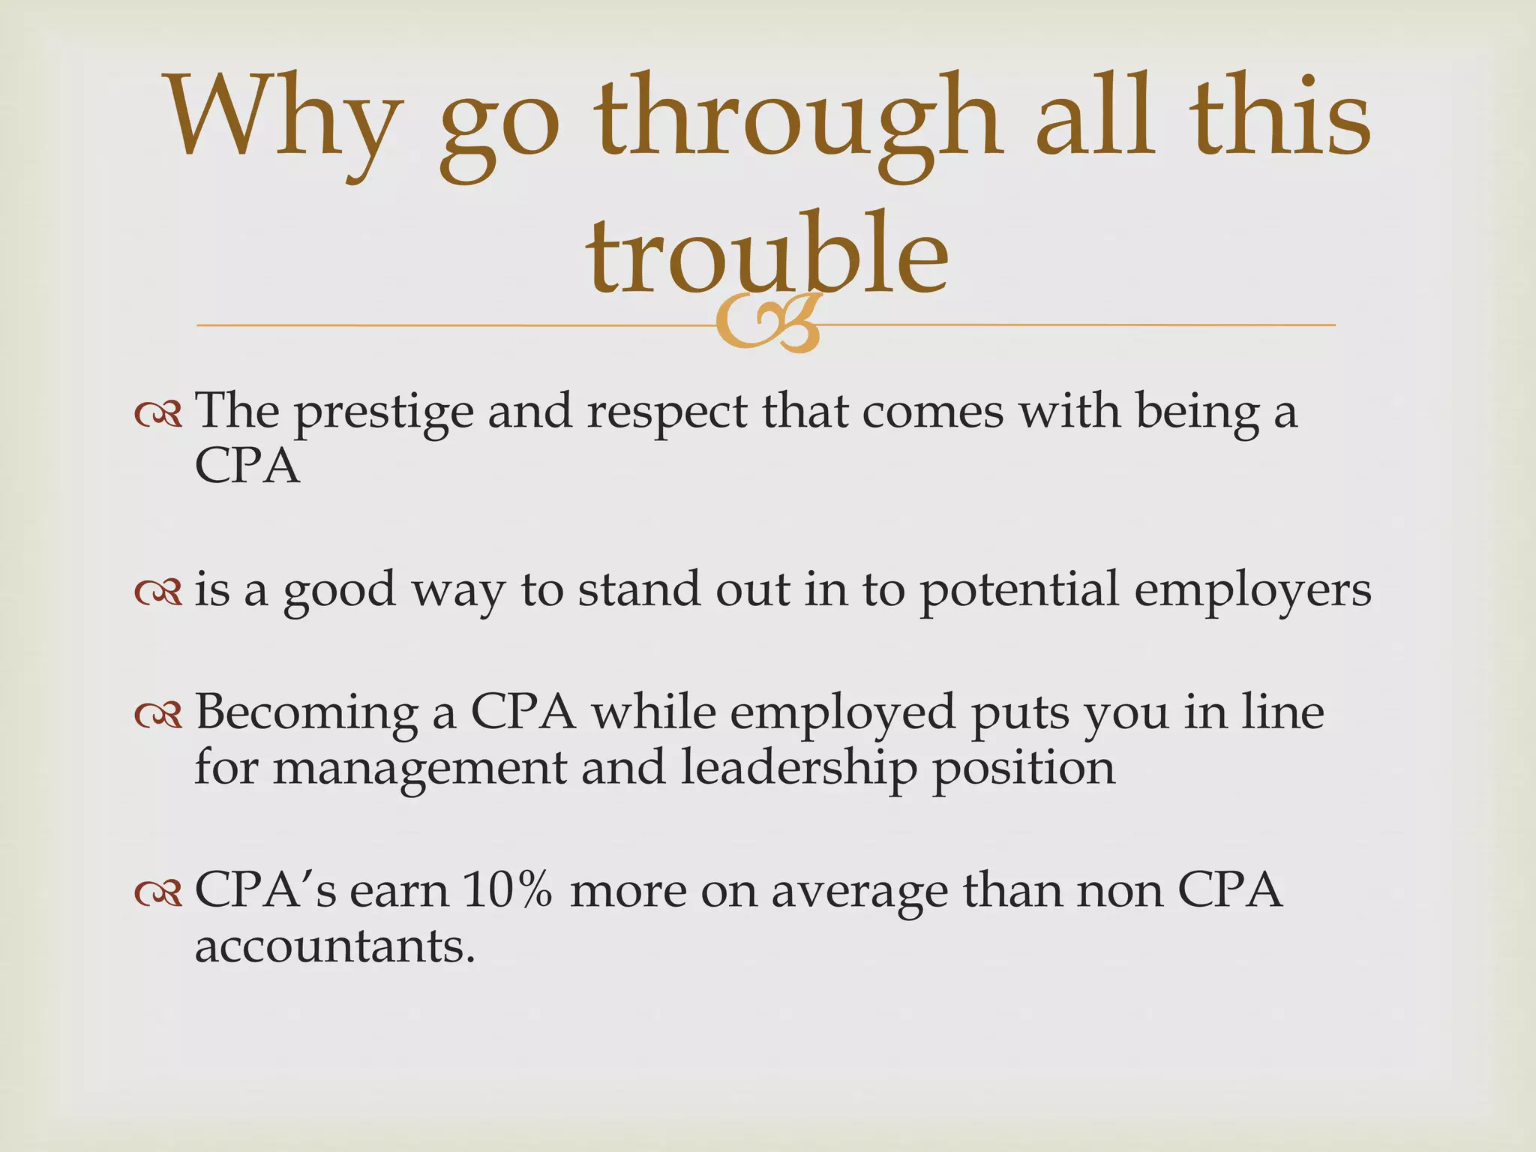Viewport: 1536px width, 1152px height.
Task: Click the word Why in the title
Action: (x=281, y=120)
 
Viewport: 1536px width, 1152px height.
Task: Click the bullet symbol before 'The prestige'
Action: (x=158, y=414)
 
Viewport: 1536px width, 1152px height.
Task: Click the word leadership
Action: (x=799, y=769)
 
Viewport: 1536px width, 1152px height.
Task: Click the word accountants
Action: (x=334, y=946)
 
